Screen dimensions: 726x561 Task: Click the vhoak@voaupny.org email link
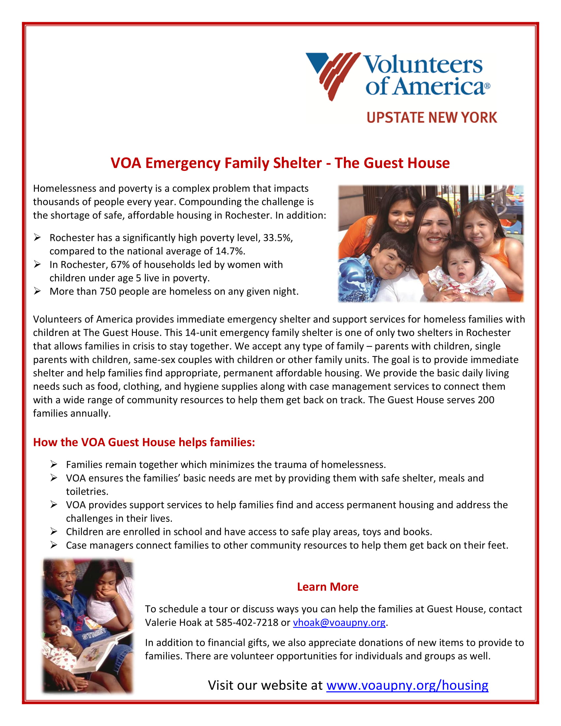click(339, 622)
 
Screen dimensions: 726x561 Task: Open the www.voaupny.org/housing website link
click(407, 685)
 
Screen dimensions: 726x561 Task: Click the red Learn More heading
click(327, 587)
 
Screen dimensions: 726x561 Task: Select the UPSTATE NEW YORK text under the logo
click(432, 118)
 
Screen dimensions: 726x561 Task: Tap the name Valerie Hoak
click(173, 622)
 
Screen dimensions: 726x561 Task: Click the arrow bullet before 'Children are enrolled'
click(54, 532)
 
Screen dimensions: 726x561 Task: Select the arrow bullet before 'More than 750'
click(37, 291)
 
